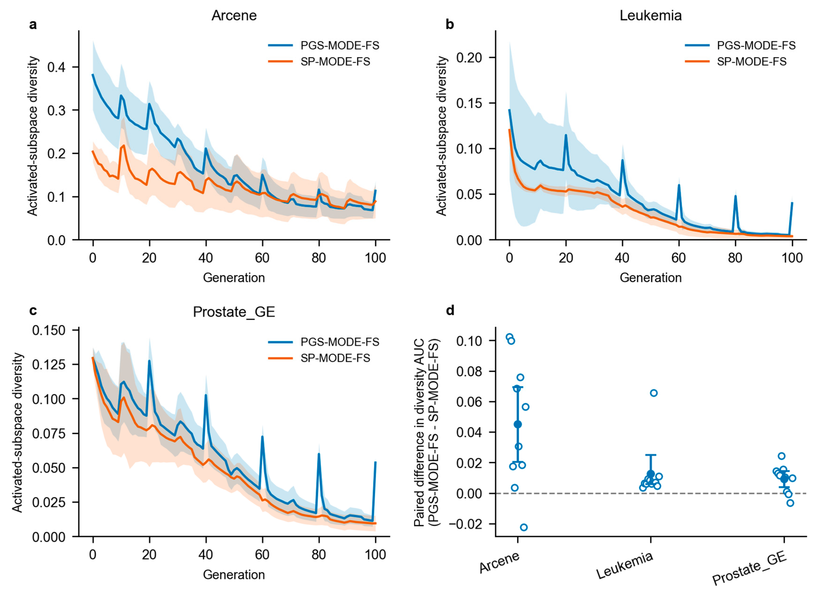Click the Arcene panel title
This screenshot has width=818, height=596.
coord(234,16)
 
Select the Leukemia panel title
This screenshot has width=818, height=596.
coord(651,16)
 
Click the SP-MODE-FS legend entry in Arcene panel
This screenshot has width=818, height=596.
coord(319,62)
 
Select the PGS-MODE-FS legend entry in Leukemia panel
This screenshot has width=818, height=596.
coord(740,45)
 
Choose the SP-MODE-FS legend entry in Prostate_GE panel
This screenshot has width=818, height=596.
coord(319,358)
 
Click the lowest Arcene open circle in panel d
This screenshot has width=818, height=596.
coord(524,527)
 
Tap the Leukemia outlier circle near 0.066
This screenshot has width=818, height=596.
coord(654,393)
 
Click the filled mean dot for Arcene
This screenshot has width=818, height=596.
coord(518,424)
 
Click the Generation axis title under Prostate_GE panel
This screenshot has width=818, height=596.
coord(234,575)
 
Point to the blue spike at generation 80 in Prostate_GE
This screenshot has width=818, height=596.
coord(319,454)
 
